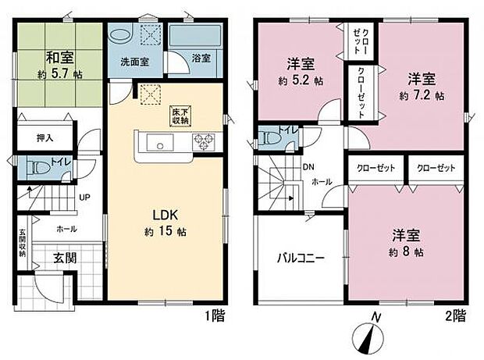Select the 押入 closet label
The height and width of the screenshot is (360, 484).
[x=45, y=137]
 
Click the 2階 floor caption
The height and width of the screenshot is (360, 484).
[x=456, y=318]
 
